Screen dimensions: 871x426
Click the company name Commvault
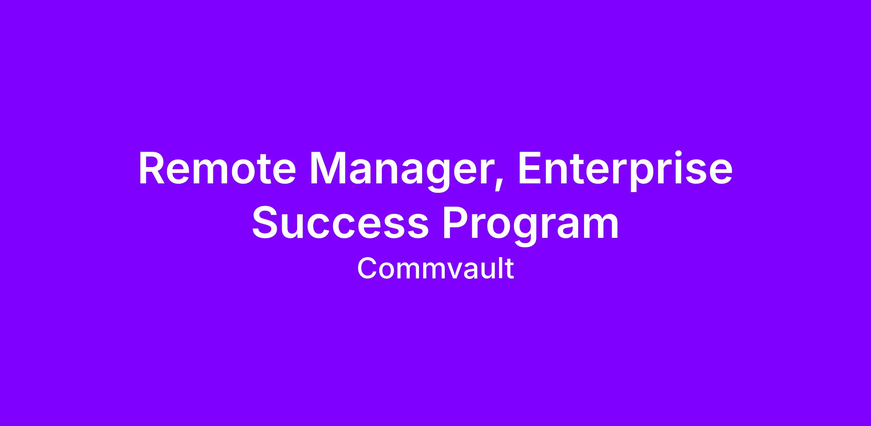[x=435, y=268]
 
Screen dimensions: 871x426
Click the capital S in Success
[x=266, y=222]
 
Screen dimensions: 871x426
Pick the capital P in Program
[x=456, y=222]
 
